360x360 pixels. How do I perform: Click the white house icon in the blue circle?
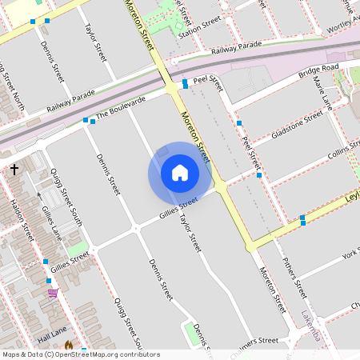(x=180, y=173)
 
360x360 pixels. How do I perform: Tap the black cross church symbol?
(x=14, y=169)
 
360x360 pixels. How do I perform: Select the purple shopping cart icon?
(x=53, y=294)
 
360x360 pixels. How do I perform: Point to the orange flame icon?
(x=69, y=345)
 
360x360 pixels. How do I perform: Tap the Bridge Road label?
(x=318, y=73)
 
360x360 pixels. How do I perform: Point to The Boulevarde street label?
(x=121, y=109)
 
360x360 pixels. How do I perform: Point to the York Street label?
(x=349, y=255)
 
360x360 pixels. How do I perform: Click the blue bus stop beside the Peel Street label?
(x=185, y=83)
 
